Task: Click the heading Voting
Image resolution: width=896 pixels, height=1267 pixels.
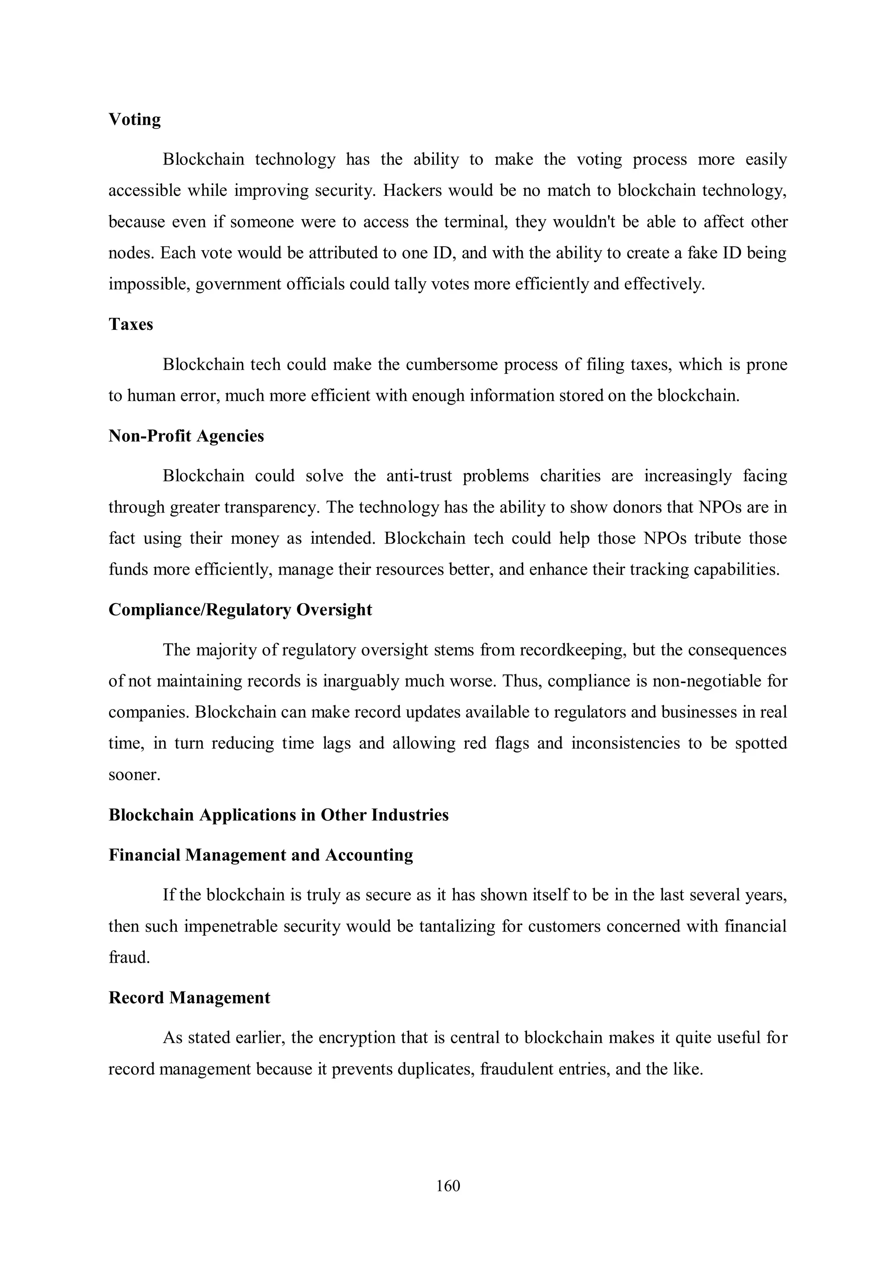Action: [x=134, y=120]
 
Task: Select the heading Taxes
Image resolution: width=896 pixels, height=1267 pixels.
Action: [x=130, y=325]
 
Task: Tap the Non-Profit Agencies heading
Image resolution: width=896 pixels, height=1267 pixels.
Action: [x=186, y=436]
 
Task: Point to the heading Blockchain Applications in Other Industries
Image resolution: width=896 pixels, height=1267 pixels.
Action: [x=278, y=815]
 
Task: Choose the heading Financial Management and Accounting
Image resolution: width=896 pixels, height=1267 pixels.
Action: [x=261, y=855]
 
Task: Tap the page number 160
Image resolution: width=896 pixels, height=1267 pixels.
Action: [x=448, y=1186]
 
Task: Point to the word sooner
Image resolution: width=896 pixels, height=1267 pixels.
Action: [x=134, y=775]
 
